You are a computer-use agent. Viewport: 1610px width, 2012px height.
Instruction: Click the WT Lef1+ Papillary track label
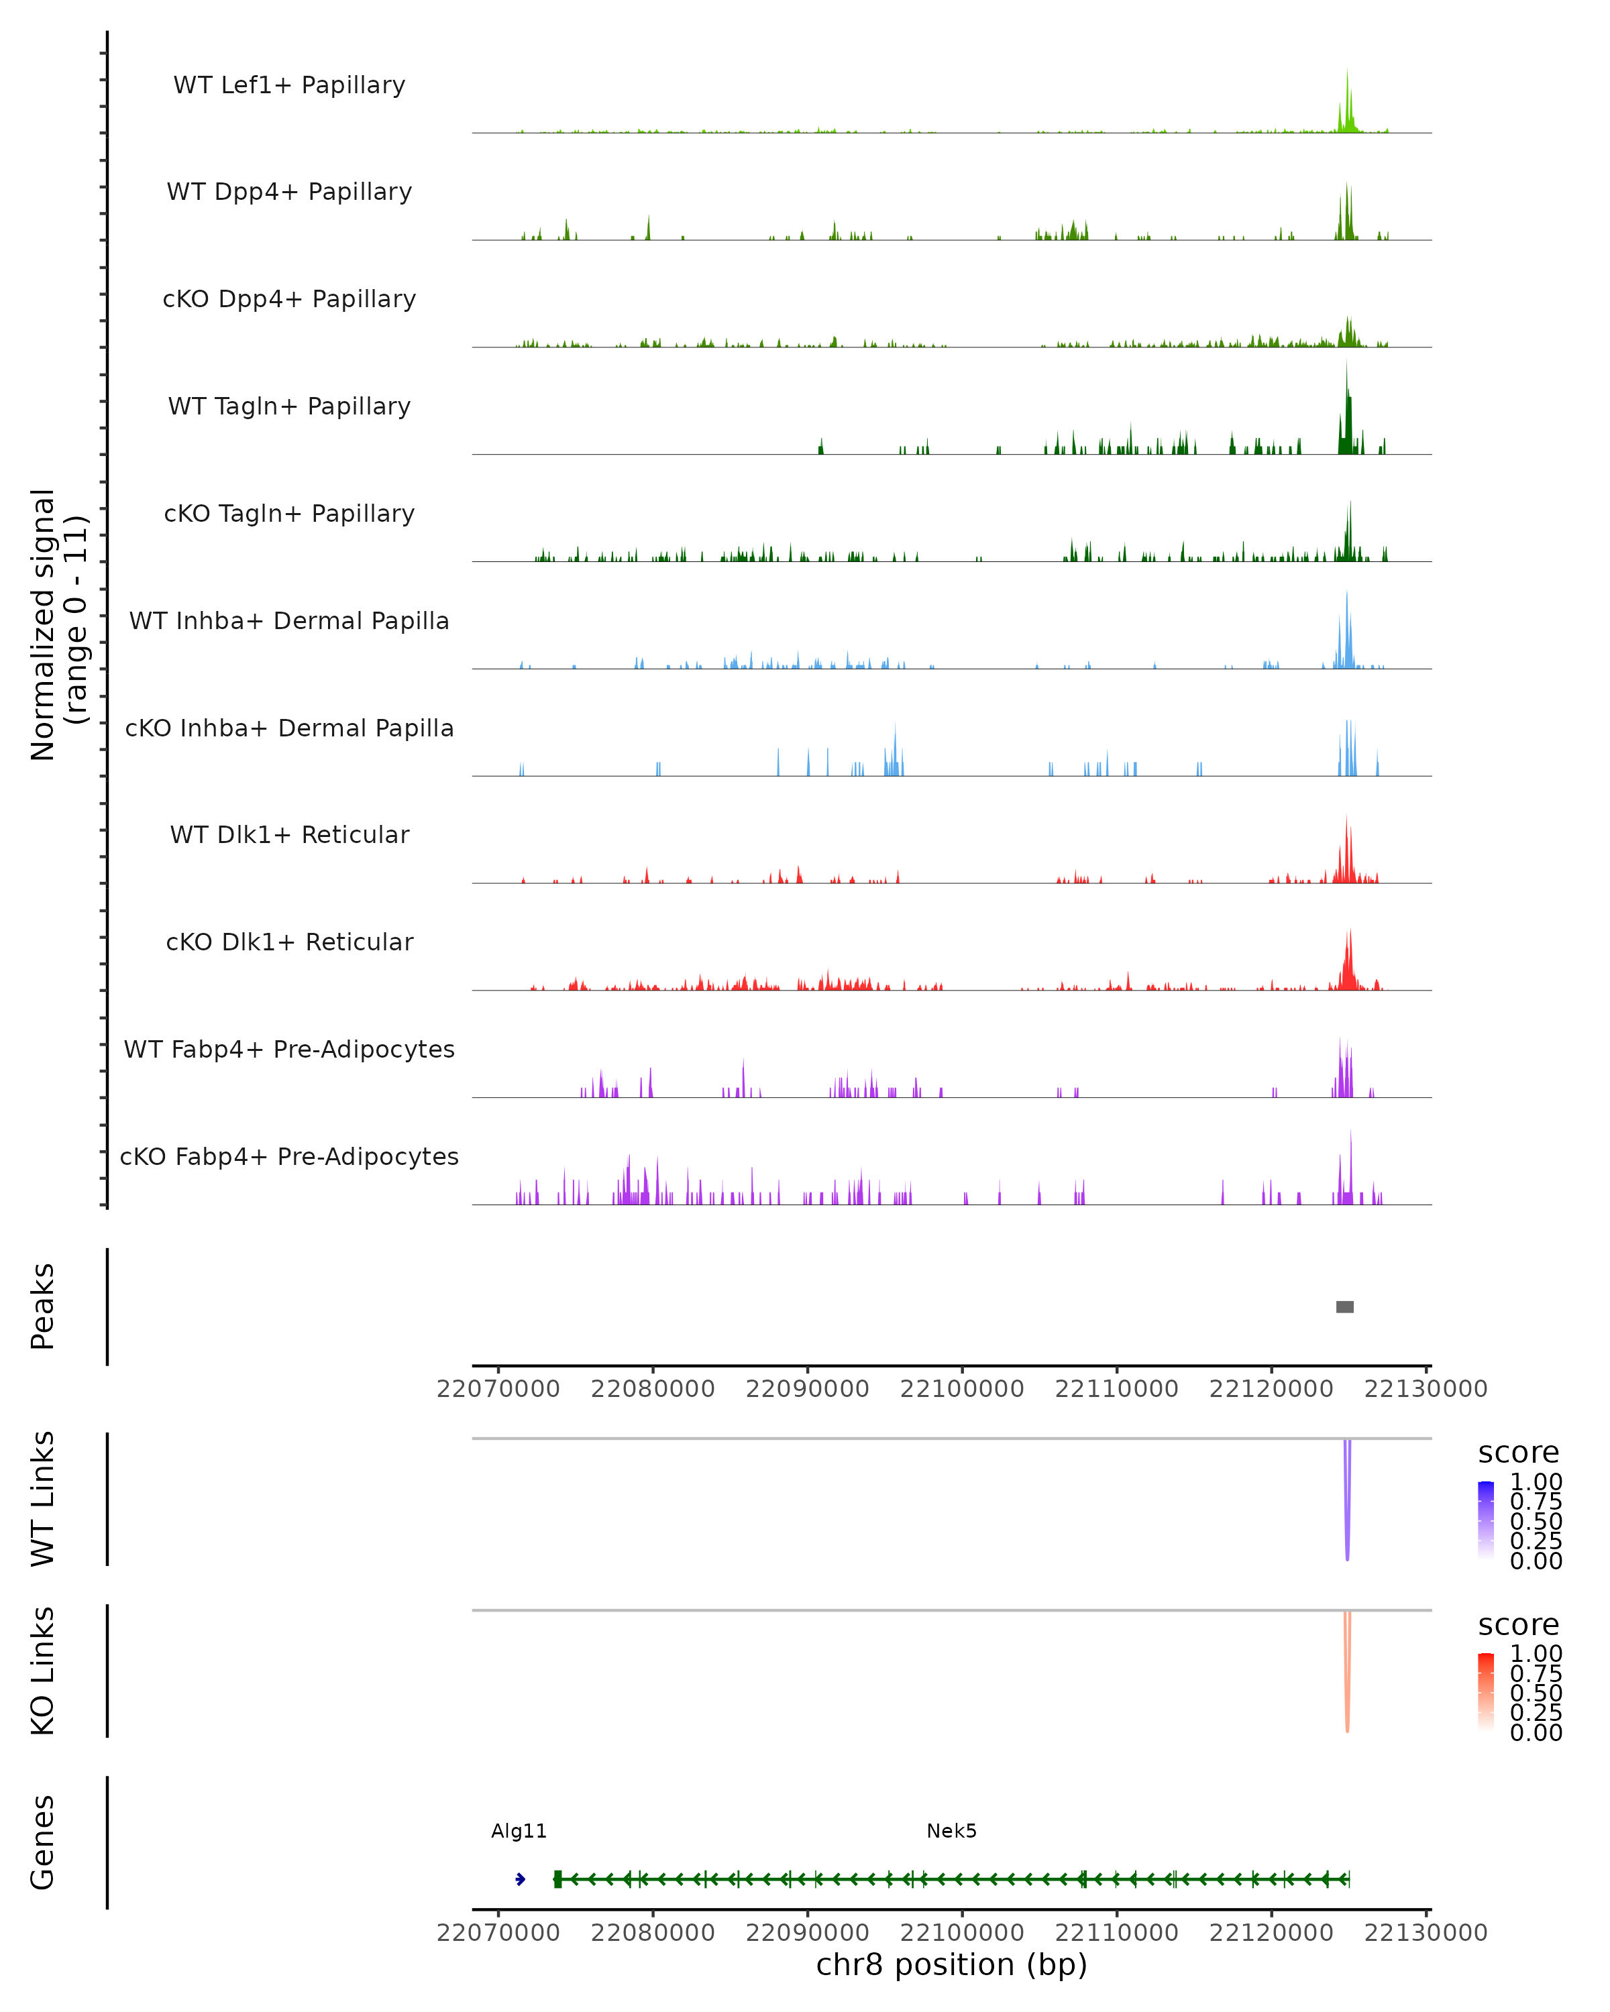pos(289,85)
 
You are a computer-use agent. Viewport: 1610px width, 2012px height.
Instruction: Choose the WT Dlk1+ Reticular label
pos(289,834)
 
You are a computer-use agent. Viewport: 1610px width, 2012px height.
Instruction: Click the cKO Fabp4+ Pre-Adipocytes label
pos(289,1156)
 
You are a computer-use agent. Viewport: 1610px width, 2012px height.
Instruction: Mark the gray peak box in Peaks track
pos(1345,1306)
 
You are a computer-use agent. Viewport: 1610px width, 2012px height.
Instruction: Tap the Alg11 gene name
pos(519,1831)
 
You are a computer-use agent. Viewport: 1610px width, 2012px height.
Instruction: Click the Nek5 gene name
pos(951,1831)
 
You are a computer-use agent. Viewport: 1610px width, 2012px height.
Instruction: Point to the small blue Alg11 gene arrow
pos(520,1879)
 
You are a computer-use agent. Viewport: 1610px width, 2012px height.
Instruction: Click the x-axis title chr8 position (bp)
pos(951,1965)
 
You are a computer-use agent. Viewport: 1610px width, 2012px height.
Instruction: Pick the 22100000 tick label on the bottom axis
pos(961,1933)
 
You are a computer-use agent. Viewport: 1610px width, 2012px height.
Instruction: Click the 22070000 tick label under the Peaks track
pos(498,1389)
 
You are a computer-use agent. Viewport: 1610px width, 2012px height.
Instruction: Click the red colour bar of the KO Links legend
pos(1486,1692)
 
